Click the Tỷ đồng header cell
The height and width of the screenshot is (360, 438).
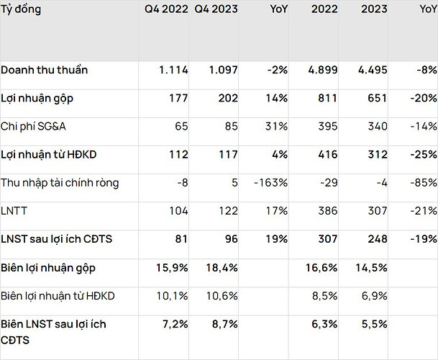coord(21,10)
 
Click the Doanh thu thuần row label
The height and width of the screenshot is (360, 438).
coord(44,70)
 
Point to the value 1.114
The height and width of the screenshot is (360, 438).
coord(173,70)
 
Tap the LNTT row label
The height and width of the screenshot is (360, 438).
coord(15,211)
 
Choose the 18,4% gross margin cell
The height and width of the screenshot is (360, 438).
coord(223,267)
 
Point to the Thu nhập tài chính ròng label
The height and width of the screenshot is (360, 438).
coord(60,182)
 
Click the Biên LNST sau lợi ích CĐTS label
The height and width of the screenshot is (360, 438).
coord(54,331)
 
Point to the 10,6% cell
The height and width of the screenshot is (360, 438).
coord(223,295)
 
